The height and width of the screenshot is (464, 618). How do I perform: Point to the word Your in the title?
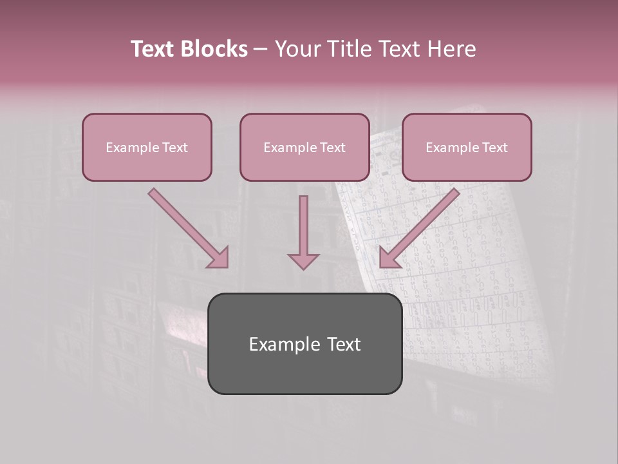pyautogui.click(x=296, y=49)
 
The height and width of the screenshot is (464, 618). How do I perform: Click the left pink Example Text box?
pyautogui.click(x=147, y=148)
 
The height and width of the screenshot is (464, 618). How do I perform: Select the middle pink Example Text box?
pyautogui.click(x=304, y=148)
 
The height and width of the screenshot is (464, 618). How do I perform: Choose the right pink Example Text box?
pyautogui.click(x=467, y=148)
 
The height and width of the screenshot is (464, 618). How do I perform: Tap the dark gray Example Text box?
pyautogui.click(x=304, y=344)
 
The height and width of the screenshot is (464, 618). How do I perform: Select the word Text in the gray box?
pyautogui.click(x=344, y=344)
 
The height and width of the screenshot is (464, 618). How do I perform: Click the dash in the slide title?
pyautogui.click(x=261, y=49)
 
